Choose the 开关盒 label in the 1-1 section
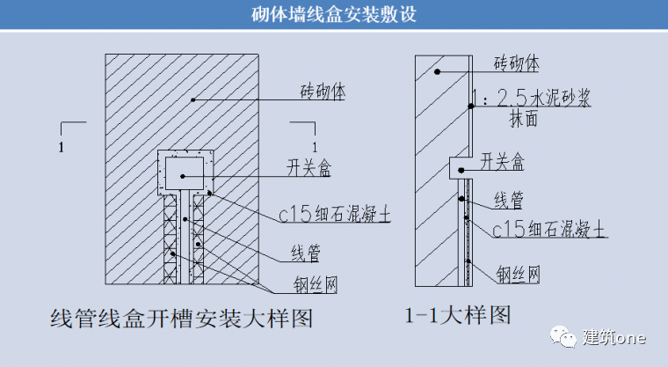503,161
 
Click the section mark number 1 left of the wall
60,146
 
